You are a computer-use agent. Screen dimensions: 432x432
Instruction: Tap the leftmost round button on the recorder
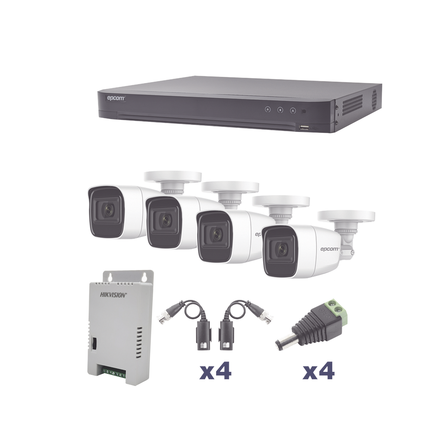click(x=268, y=110)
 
